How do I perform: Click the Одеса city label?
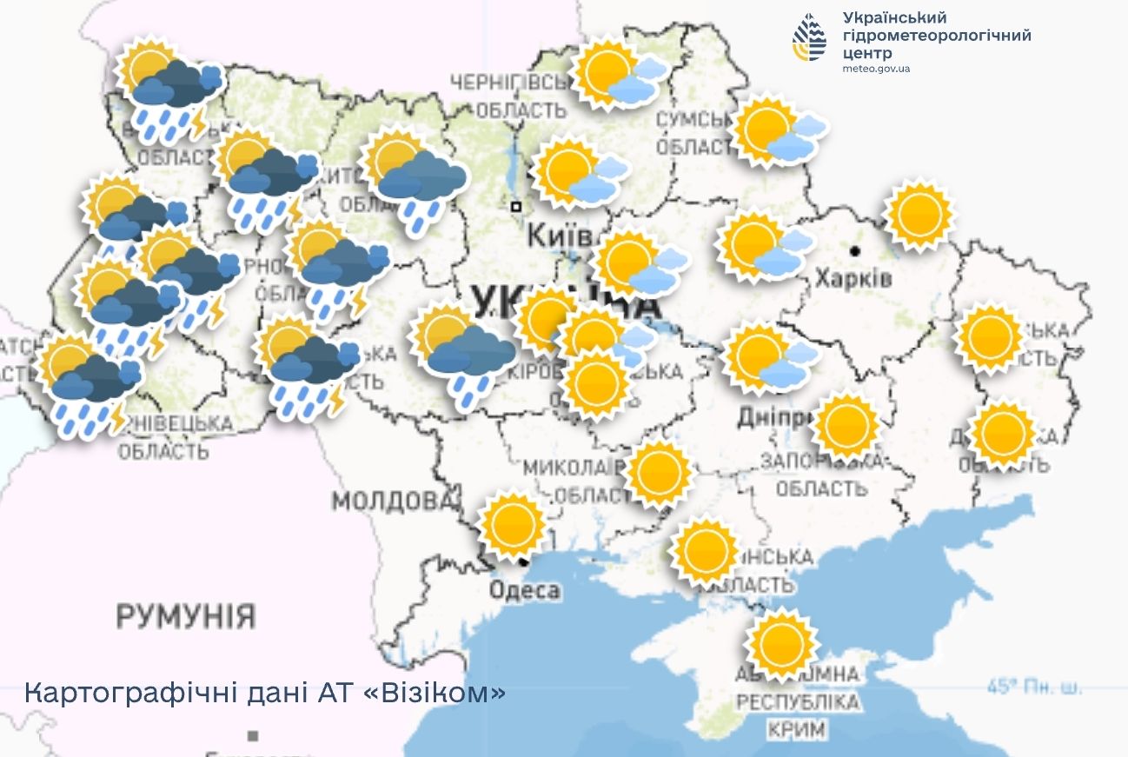click(x=524, y=591)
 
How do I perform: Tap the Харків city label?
click(x=853, y=278)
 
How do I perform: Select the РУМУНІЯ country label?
click(x=186, y=616)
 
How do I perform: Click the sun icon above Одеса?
click(x=514, y=526)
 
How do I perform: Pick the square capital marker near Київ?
click(x=516, y=207)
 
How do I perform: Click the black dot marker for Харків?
click(x=856, y=251)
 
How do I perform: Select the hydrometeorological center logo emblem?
click(x=810, y=37)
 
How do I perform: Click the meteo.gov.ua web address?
click(x=876, y=69)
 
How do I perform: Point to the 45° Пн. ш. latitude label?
click(x=1035, y=687)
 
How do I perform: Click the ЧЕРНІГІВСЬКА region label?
click(x=508, y=83)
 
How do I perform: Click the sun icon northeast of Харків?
click(x=919, y=215)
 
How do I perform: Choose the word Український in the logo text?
click(x=894, y=18)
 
